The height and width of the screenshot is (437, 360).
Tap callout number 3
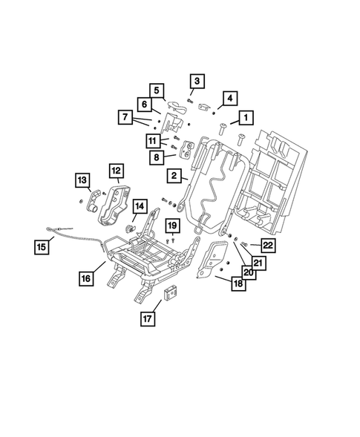pos(197,81)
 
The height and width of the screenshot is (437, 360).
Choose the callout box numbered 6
pos(145,105)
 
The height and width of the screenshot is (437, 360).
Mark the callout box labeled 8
pos(157,157)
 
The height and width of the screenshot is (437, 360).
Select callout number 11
pos(152,141)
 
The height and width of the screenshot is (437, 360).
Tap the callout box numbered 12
pos(116,172)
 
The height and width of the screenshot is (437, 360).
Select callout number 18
pos(238,283)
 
